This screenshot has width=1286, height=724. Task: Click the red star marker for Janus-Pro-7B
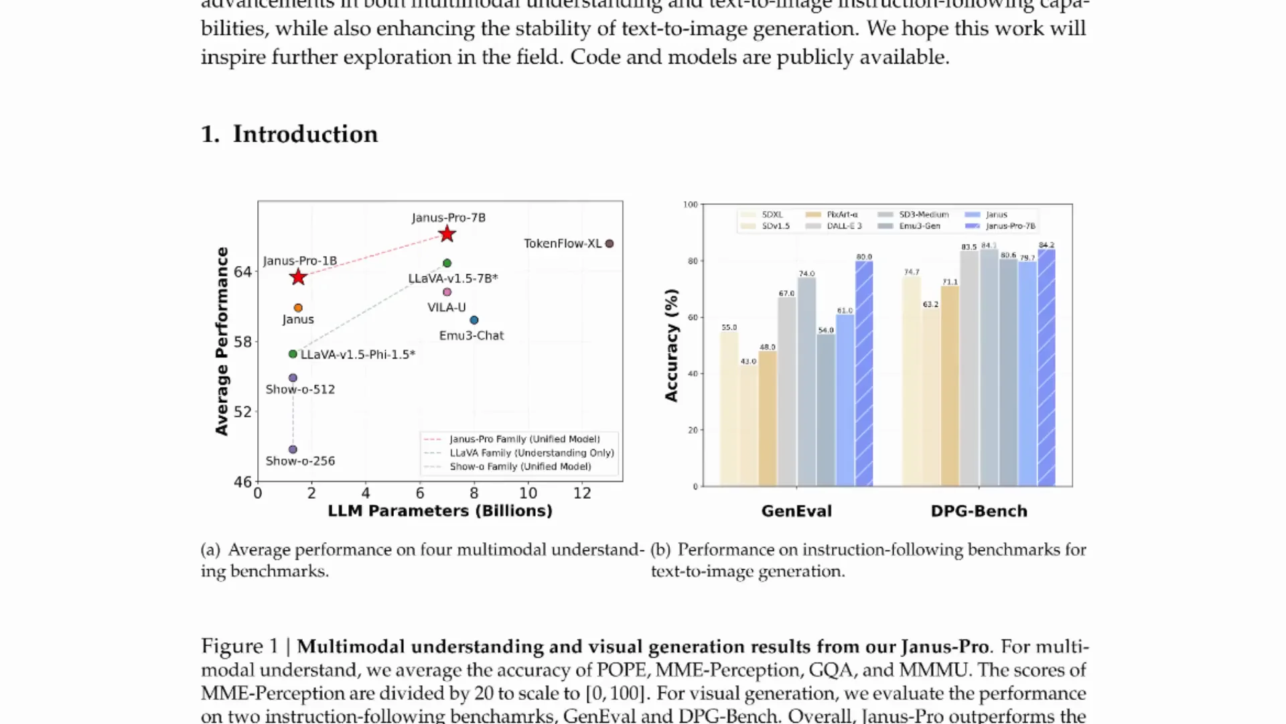tap(447, 234)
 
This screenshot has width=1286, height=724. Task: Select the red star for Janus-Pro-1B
tap(298, 277)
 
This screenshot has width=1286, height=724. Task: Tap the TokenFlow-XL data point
tap(609, 243)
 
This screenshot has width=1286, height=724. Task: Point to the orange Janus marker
tap(298, 308)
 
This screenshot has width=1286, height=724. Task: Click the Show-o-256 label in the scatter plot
tap(300, 461)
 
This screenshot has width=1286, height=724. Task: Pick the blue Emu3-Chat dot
tap(474, 320)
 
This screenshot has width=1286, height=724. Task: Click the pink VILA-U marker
tap(447, 292)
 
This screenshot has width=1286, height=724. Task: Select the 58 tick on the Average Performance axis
tap(242, 342)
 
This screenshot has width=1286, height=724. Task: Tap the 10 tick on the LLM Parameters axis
tap(528, 493)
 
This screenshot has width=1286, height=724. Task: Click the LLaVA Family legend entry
tap(531, 453)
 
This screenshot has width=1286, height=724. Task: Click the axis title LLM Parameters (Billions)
tap(439, 511)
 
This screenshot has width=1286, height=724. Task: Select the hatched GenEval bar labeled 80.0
tap(864, 375)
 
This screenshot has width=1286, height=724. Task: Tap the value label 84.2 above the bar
tap(1046, 245)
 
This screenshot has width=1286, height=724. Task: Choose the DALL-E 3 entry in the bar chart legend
tap(844, 226)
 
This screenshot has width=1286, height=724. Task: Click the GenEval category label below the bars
tap(796, 511)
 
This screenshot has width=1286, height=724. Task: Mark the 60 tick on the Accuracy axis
tap(693, 317)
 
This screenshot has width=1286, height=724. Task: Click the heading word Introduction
tap(305, 134)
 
